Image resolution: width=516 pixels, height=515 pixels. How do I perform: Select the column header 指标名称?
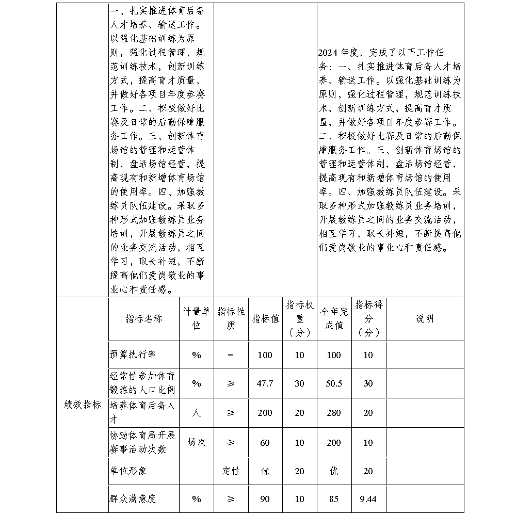tap(144, 318)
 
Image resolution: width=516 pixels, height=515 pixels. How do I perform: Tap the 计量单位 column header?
tap(197, 318)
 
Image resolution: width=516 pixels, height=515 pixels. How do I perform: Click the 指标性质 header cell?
tap(231, 318)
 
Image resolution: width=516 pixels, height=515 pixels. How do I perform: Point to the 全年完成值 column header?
tap(334, 318)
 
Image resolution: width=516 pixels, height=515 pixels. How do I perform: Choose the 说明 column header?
tap(425, 318)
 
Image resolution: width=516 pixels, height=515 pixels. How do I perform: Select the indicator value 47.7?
tap(265, 383)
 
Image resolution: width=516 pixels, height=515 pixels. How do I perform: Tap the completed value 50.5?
tap(334, 383)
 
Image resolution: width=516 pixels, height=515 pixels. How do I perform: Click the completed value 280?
tap(334, 413)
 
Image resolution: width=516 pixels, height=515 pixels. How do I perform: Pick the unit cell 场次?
tap(197, 442)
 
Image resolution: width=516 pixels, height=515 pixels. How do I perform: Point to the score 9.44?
tap(368, 499)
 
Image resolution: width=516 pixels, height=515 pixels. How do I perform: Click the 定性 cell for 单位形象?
tap(231, 471)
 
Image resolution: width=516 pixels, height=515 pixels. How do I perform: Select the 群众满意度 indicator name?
tap(133, 499)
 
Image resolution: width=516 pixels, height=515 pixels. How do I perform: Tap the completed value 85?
tap(334, 499)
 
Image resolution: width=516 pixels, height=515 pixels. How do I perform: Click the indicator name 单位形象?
tap(129, 471)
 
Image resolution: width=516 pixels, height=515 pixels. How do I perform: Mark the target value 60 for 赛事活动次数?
tap(265, 442)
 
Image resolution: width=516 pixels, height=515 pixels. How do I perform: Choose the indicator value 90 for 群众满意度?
tap(265, 499)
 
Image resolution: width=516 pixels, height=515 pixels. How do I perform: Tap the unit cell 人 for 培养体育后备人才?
tap(197, 413)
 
